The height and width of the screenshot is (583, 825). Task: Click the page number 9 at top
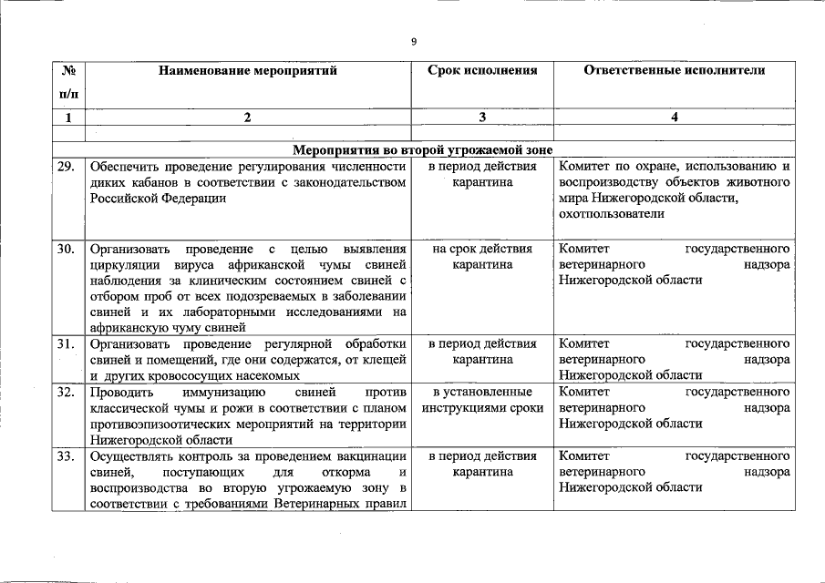coord(414,41)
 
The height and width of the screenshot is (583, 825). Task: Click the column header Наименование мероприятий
coord(247,70)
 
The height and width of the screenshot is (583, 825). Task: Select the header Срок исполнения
coord(482,70)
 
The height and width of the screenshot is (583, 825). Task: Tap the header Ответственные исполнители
coord(674,70)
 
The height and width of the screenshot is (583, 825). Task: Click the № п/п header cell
coord(68,82)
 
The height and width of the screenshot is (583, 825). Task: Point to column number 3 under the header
coord(482,117)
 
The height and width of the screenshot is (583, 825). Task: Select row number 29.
coord(65,167)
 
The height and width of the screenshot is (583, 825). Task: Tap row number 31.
coord(65,344)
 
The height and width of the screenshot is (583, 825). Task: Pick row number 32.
coord(65,393)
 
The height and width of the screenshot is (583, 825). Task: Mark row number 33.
coord(65,455)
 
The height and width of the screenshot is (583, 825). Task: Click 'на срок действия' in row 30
coord(482,248)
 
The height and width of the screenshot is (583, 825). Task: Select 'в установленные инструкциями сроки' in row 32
coord(482,400)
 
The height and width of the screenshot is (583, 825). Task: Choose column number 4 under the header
coord(674,117)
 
